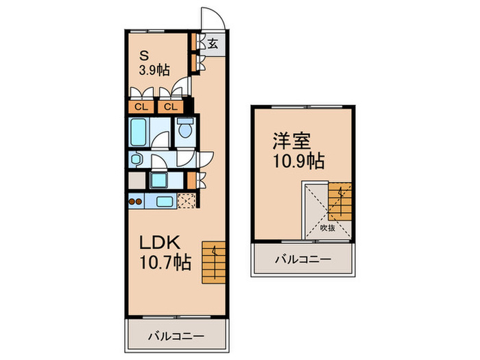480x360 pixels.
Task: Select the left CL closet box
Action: coord(140,106)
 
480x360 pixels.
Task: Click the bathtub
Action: coord(139,132)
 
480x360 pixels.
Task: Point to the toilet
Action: coord(183,130)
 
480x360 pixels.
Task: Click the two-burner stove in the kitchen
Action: coord(135,202)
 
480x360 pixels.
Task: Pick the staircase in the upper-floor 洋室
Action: coord(339,202)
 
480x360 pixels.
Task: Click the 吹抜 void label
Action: coord(328,228)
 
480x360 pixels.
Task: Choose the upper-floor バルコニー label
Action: coord(303,260)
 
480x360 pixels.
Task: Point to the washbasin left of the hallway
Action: coord(136,158)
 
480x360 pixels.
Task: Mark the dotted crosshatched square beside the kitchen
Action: coord(185,201)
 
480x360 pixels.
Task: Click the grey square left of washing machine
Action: coord(136,181)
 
